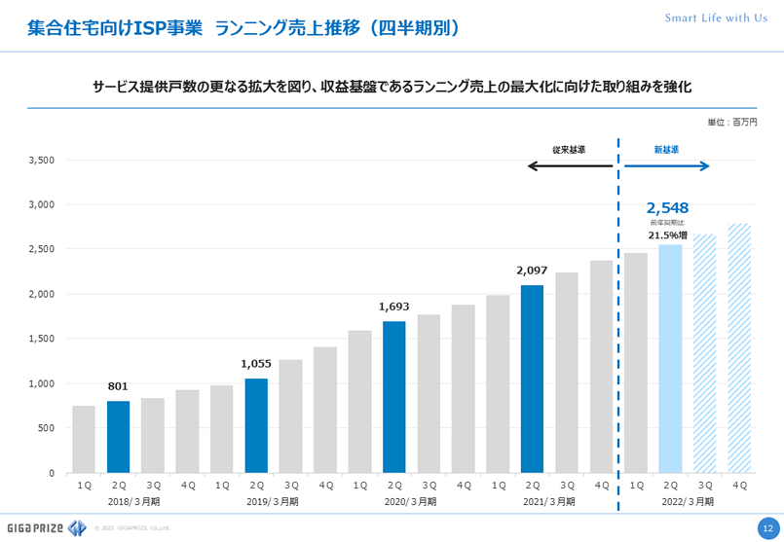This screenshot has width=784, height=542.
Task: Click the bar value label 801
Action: coord(118,385)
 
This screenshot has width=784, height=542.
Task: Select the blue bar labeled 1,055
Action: coord(256,425)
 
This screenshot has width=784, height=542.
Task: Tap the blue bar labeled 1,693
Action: coord(393,397)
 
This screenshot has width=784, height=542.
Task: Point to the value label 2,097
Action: coord(532,269)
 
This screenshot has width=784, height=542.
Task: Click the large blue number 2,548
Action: coord(667,207)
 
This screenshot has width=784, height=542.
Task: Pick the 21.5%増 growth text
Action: coord(668,235)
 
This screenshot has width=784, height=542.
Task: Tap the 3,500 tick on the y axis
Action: coord(42,161)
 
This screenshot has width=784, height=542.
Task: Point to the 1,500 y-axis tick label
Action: coord(42,339)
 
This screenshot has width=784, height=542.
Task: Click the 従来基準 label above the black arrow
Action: coord(569,150)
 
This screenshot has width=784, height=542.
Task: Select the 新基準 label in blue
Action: coord(666,150)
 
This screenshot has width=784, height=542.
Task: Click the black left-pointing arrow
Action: coord(570,166)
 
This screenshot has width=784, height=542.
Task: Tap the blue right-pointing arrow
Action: coord(666,166)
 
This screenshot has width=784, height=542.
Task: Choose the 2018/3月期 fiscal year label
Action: coord(135,501)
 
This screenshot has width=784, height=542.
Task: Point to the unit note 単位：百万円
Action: coord(731,122)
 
